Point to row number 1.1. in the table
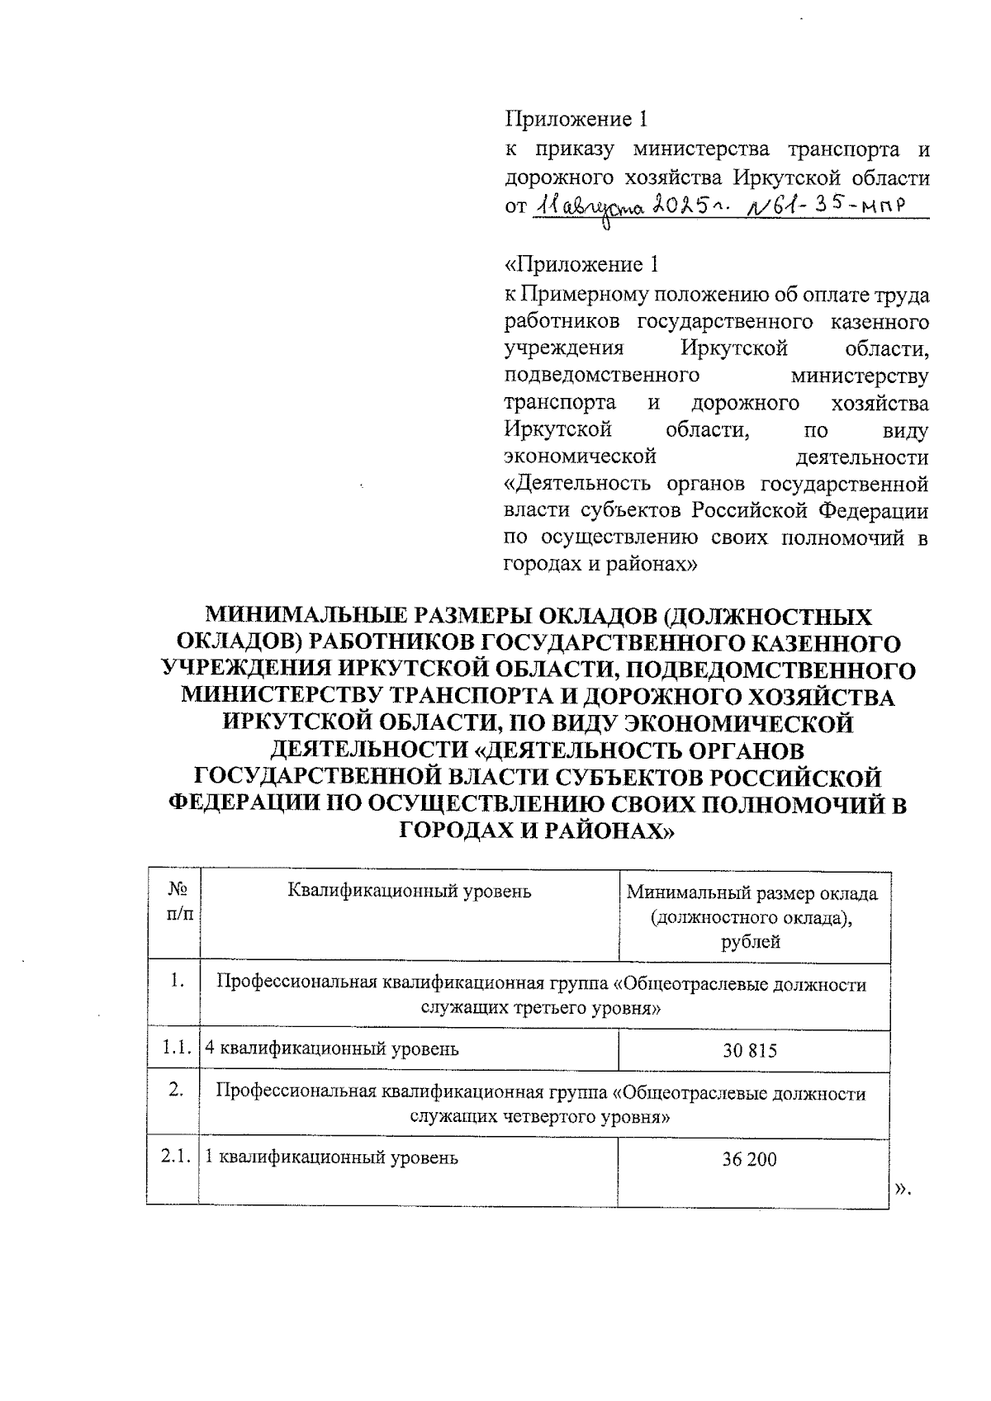coord(175,1049)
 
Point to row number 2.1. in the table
coord(175,1157)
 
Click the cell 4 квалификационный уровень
coord(332,1049)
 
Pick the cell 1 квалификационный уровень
coord(331,1157)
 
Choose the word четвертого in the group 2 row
coord(554,1117)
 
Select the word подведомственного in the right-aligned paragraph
coord(602,376)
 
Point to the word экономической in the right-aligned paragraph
coord(580,457)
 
